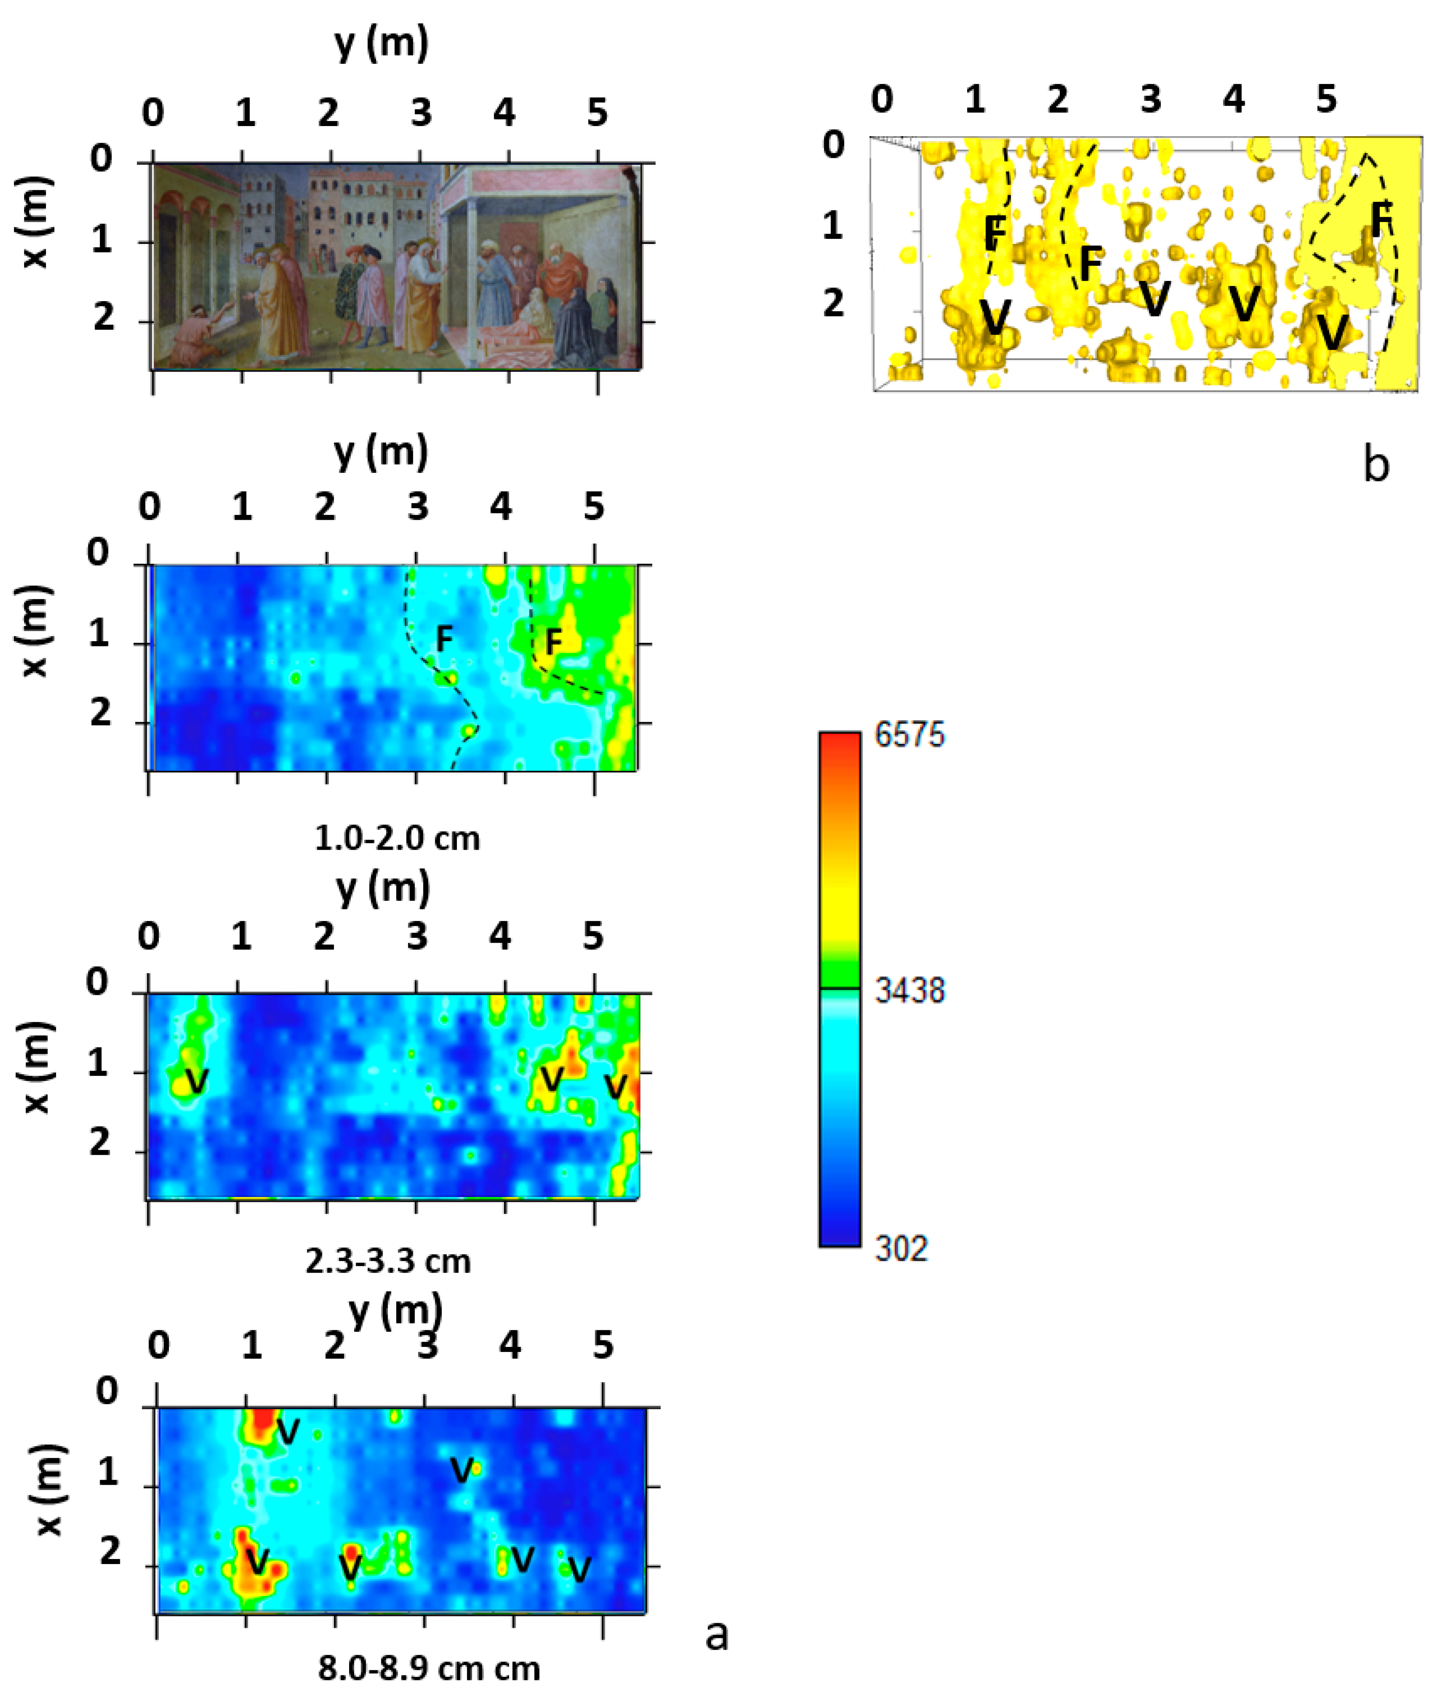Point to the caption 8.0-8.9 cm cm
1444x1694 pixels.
click(x=429, y=1668)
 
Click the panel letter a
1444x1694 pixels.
click(x=716, y=1633)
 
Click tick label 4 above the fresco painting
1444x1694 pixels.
click(x=504, y=112)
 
